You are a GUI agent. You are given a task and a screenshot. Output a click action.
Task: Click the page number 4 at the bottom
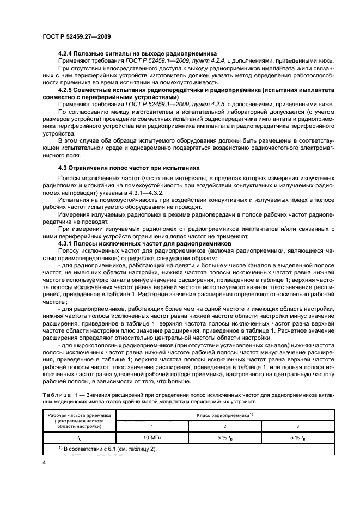click(44, 462)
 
